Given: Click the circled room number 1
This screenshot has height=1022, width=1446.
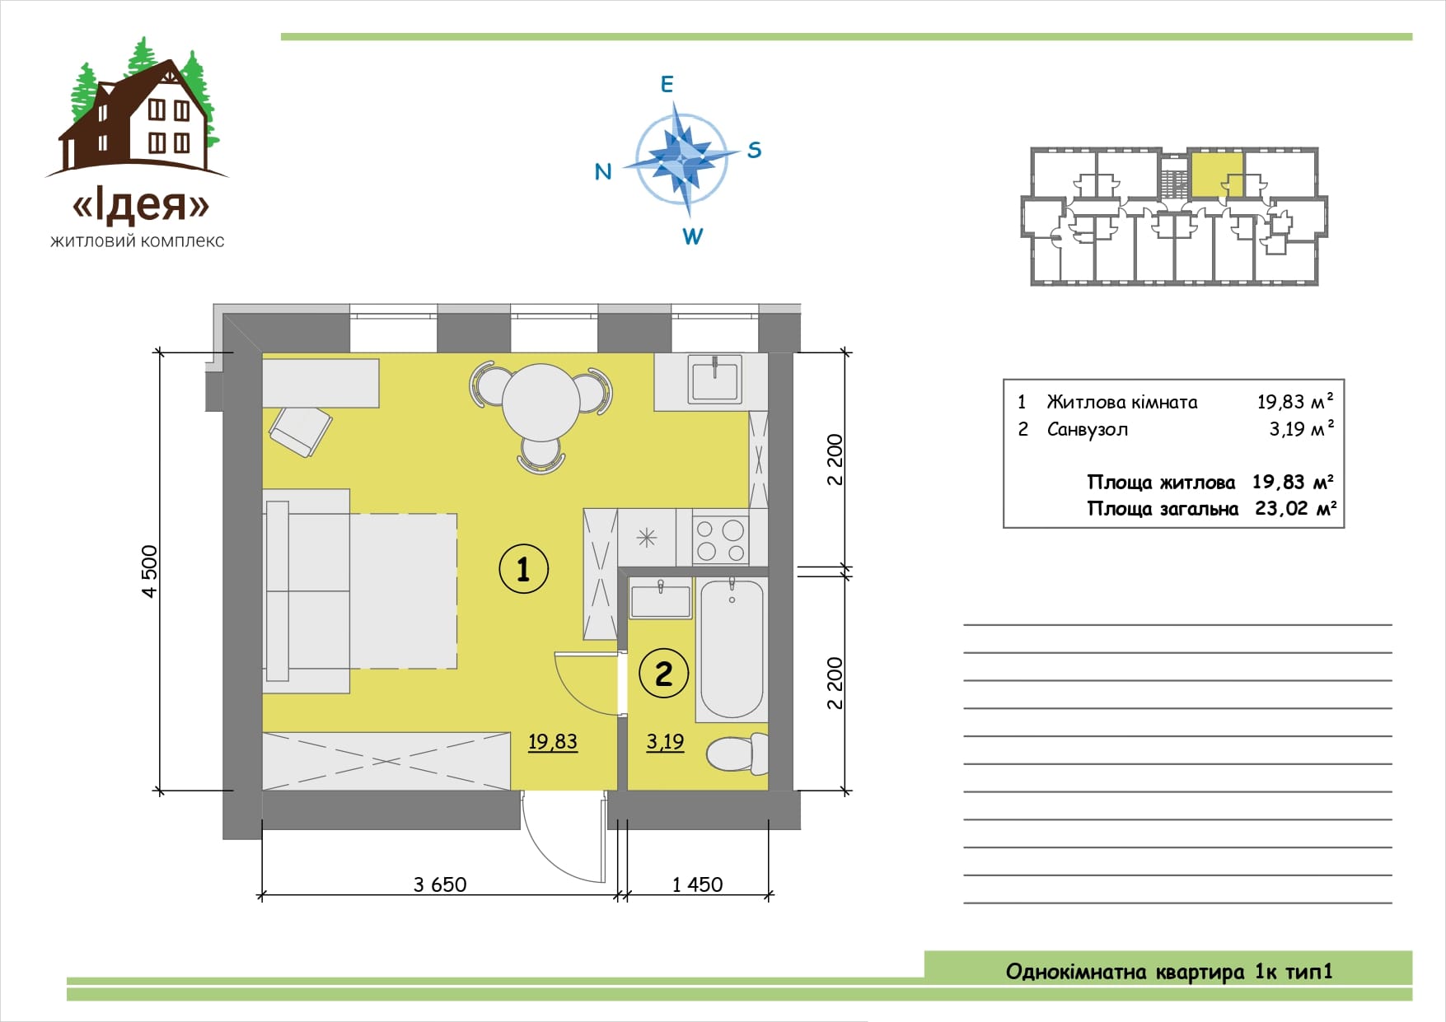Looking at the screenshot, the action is [524, 568].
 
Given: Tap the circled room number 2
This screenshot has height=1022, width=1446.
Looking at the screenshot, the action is [663, 674].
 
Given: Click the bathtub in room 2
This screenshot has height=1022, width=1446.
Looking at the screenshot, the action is [732, 648].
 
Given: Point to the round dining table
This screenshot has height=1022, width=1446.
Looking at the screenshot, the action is [541, 402].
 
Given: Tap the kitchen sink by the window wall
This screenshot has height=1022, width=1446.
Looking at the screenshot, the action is [715, 378].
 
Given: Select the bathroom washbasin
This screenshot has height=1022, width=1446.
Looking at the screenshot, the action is [660, 599].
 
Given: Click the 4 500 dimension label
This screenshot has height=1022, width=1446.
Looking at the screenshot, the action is [149, 572].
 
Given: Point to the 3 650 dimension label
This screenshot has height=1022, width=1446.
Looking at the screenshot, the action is [440, 884].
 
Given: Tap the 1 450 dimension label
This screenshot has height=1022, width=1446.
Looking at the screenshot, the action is [697, 884].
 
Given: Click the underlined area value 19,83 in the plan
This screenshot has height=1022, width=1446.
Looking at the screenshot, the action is [553, 742].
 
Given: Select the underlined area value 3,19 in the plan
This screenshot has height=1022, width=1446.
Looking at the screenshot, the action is [665, 742].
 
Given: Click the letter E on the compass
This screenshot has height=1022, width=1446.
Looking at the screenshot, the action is [667, 84].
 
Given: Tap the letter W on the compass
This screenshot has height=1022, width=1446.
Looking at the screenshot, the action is [692, 236].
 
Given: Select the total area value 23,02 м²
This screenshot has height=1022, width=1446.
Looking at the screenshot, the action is [1294, 508].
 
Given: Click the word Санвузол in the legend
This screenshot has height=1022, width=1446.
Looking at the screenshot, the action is [1088, 429].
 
